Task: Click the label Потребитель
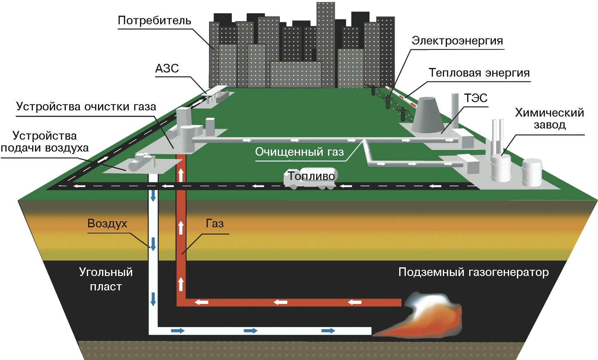(154, 21)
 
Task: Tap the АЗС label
(167, 68)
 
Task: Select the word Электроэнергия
(457, 41)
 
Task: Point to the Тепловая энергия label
(479, 73)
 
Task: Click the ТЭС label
(475, 98)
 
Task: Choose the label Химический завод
(549, 118)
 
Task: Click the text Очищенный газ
(299, 152)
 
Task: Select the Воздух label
(107, 224)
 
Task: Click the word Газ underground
(214, 224)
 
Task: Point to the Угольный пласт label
(106, 279)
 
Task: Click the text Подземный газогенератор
(473, 272)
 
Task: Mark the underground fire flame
(428, 317)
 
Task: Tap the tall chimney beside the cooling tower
(455, 109)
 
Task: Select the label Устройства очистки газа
(86, 107)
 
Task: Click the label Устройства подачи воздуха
(44, 142)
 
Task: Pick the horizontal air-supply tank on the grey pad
(139, 163)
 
